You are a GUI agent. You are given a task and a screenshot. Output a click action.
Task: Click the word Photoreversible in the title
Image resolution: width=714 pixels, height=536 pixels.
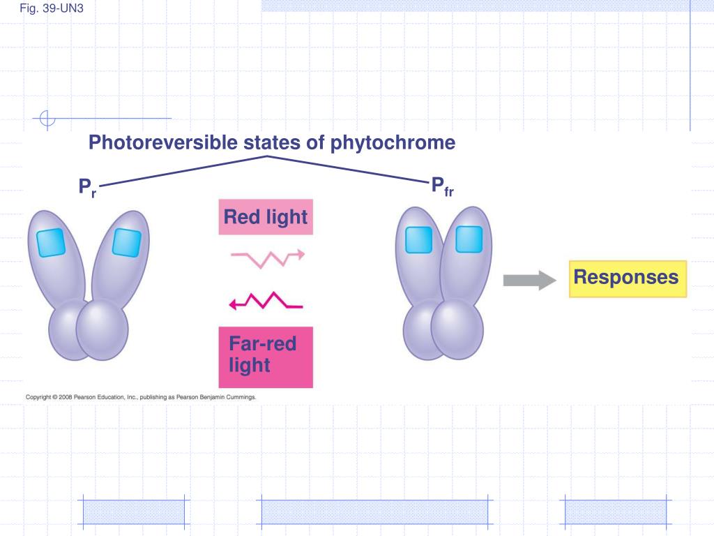coord(162,143)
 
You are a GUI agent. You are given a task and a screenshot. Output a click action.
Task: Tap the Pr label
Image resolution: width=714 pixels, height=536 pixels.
coord(86,188)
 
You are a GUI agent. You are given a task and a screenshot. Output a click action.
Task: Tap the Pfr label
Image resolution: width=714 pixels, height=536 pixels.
coord(441,186)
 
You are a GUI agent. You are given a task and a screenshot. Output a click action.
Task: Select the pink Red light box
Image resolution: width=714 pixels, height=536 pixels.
coord(265,218)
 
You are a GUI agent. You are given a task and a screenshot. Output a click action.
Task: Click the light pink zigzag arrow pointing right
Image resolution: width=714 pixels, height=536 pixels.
coord(268,258)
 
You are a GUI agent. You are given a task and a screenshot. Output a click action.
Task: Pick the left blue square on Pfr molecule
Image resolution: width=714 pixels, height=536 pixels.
coord(418,241)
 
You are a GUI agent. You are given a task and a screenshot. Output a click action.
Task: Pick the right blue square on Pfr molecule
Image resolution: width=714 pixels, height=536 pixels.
coord(469,239)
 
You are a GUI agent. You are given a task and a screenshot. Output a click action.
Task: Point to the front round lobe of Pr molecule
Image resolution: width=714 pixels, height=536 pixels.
coord(102,329)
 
